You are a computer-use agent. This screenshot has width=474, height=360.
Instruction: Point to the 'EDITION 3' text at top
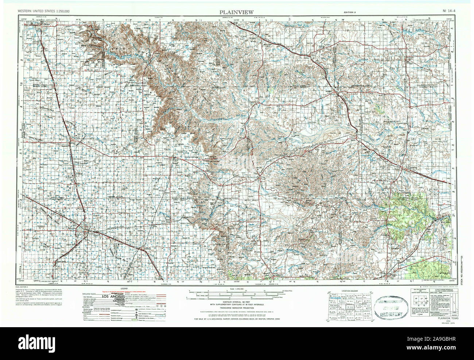pyautogui.click(x=349, y=13)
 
